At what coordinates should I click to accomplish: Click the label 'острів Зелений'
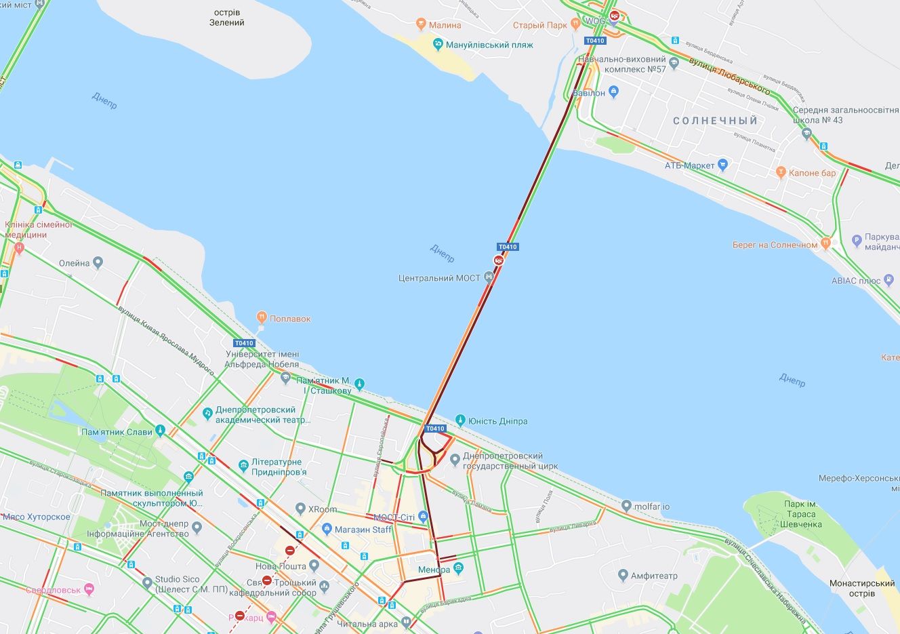(227, 18)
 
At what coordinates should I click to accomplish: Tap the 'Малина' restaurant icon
(422, 25)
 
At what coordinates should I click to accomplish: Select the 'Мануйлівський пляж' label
(489, 45)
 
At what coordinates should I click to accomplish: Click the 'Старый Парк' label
(539, 25)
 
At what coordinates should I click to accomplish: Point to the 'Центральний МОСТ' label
(439, 278)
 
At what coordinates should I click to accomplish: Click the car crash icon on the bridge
(499, 260)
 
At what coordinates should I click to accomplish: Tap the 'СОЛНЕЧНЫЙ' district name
(715, 121)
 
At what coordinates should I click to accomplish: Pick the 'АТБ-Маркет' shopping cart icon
(723, 164)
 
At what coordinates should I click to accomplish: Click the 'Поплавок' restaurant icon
(261, 318)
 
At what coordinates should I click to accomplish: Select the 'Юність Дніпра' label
(501, 421)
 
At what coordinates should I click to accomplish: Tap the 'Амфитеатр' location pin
(623, 576)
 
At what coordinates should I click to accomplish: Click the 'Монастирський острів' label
(862, 588)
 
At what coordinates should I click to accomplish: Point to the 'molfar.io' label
(652, 507)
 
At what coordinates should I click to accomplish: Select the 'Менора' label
(434, 570)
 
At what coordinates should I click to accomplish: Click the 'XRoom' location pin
(301, 509)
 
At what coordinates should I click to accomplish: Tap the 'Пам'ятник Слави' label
(117, 432)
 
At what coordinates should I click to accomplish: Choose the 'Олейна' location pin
(98, 262)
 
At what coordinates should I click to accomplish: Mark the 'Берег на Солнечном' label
(775, 245)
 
